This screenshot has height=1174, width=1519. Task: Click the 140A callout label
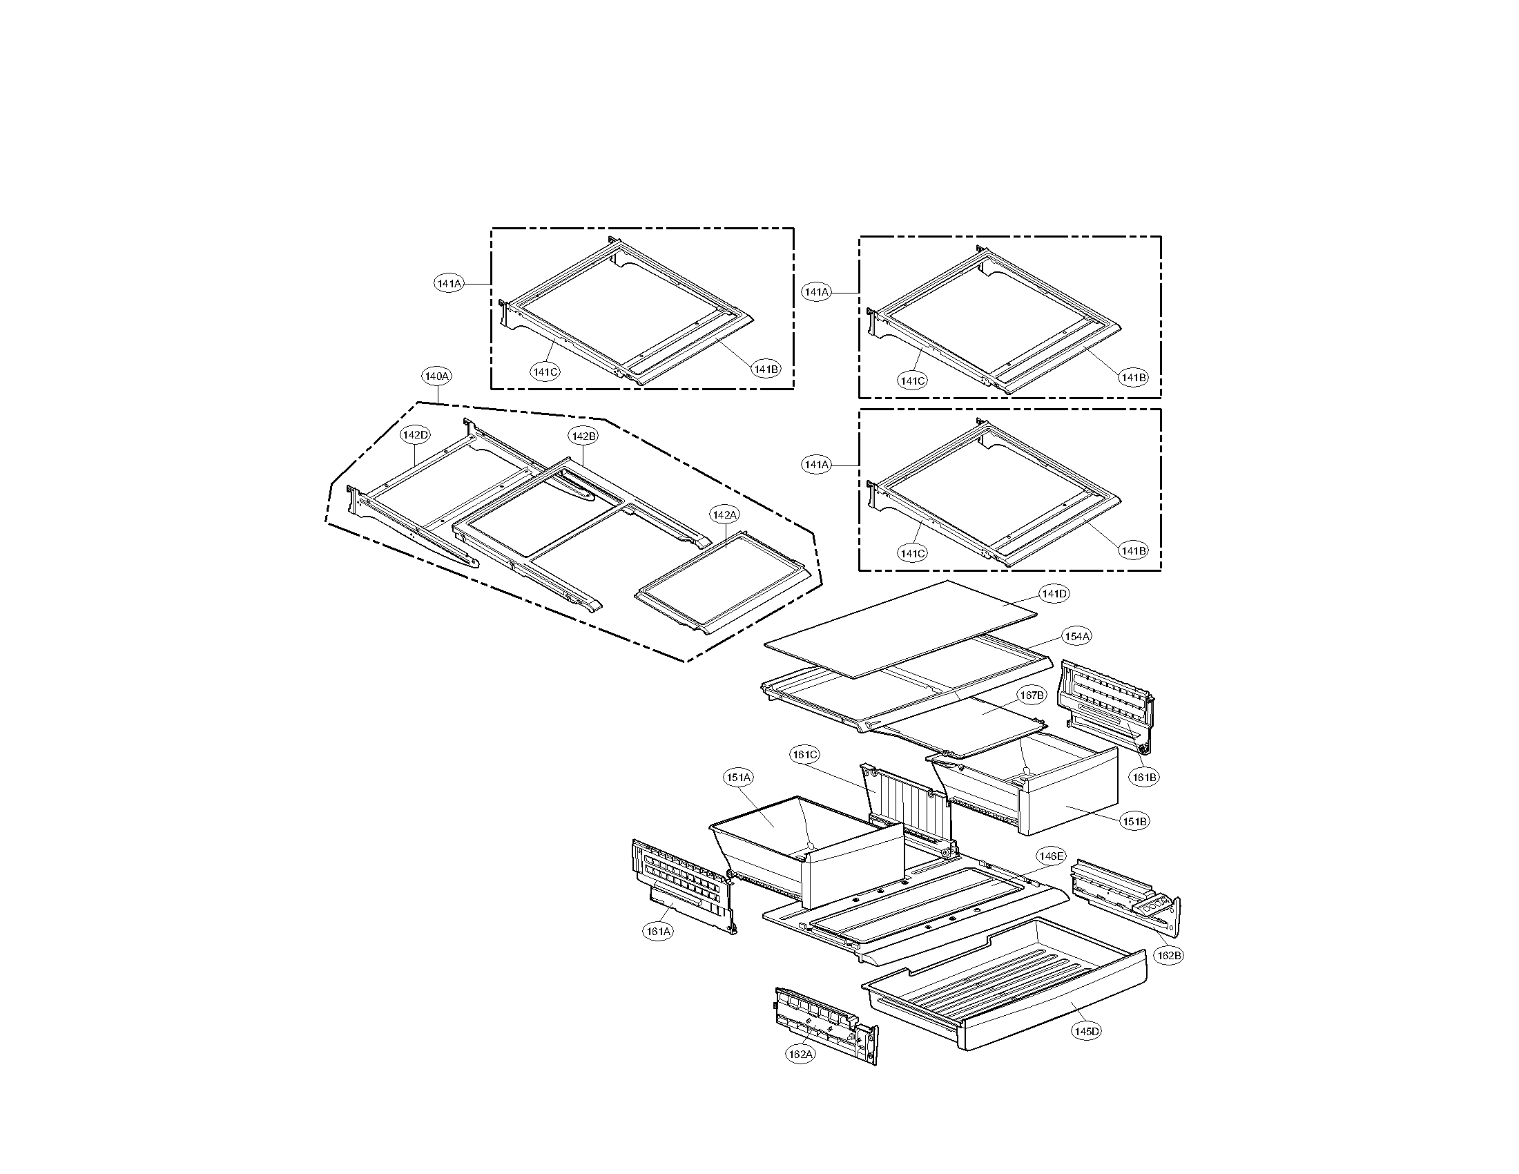click(437, 376)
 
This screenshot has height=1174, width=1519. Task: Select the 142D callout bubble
click(415, 434)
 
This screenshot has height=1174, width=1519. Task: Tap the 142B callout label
click(583, 436)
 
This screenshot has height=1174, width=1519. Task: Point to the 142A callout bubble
click(724, 514)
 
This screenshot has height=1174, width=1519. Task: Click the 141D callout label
click(1054, 594)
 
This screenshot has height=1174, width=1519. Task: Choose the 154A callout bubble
click(1076, 637)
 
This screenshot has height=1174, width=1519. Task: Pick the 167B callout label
click(1032, 695)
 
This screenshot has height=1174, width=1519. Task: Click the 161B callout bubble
click(1143, 777)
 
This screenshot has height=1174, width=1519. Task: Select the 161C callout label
click(804, 755)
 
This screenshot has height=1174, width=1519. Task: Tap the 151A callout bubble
click(738, 777)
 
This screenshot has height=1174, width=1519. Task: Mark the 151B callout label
click(1134, 821)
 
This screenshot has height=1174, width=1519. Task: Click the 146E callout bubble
click(1050, 856)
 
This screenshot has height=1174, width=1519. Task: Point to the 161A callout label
click(658, 932)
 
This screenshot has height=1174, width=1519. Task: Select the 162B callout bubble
click(1168, 956)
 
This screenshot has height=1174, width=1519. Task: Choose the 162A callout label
click(800, 1055)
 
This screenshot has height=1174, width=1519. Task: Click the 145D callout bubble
click(1085, 1032)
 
